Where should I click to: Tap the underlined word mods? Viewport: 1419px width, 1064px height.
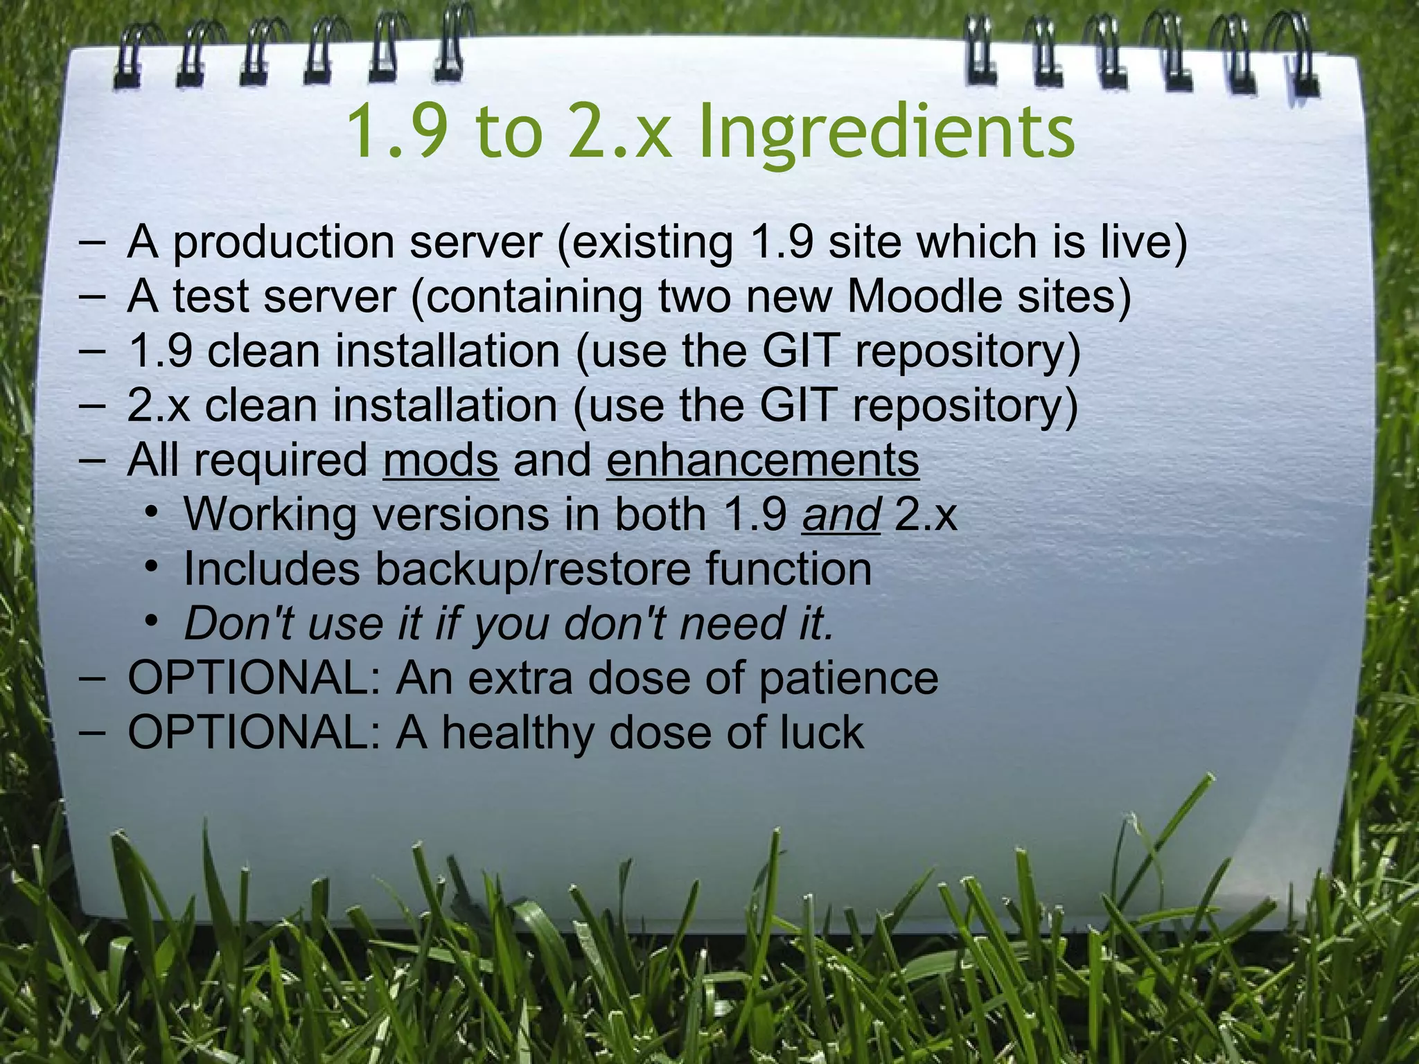(440, 460)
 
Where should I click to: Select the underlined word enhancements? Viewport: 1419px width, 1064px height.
(763, 460)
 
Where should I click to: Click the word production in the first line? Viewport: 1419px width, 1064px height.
(283, 243)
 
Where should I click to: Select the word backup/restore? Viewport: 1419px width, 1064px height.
(534, 569)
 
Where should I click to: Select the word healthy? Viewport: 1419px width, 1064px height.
(517, 733)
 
